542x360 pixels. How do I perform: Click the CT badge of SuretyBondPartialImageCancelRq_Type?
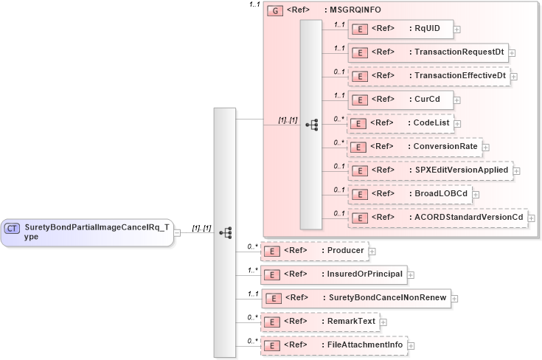12,229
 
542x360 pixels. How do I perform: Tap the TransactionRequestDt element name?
459,52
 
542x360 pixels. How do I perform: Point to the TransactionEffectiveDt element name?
460,76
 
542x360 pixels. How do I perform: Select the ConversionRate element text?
445,147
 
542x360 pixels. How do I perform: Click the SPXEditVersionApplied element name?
461,170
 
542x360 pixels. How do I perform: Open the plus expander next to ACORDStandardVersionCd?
531,218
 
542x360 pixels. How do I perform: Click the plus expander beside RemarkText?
383,322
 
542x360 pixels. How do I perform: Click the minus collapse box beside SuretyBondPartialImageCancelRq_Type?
177,233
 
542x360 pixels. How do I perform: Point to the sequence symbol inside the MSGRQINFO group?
311,125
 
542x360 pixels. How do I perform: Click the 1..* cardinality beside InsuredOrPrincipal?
253,270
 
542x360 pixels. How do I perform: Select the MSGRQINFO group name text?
356,10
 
